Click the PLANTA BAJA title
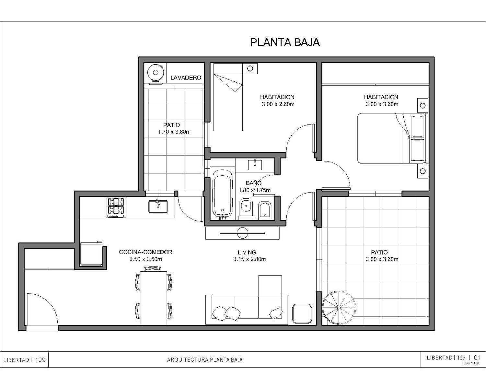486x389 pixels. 285,42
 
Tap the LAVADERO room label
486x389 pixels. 186,78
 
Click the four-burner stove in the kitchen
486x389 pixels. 116,207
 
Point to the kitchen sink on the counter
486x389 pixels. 158,206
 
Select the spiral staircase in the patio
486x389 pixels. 339,308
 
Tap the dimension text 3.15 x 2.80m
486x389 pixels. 249,259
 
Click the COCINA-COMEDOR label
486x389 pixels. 146,252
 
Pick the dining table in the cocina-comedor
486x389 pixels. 154,298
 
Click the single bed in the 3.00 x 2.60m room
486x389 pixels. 228,97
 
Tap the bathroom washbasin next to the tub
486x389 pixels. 255,165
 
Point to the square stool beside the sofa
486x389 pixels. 302,314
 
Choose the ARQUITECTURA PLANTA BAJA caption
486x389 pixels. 205,360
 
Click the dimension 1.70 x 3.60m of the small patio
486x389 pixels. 174,132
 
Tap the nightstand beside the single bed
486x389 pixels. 250,68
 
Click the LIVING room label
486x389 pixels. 247,252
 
